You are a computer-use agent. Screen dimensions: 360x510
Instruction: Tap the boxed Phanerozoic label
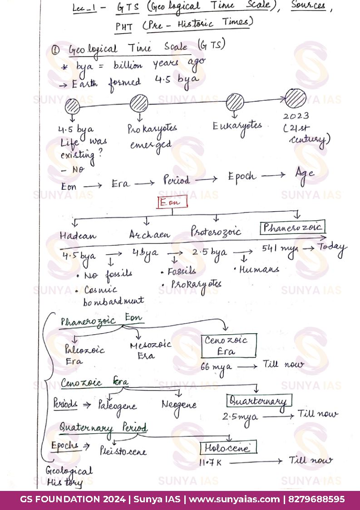[x=293, y=228]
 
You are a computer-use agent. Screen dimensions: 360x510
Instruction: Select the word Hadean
[x=78, y=236]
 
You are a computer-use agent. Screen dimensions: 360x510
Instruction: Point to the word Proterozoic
[x=216, y=231]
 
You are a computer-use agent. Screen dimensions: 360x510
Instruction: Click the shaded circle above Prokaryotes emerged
[x=139, y=104]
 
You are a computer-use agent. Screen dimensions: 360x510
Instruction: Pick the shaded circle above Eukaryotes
[x=235, y=102]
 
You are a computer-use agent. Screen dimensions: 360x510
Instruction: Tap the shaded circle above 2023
[x=296, y=99]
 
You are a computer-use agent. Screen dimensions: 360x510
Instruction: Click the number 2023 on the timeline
[x=296, y=116]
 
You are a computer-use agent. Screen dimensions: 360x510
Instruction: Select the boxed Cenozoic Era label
[x=229, y=346]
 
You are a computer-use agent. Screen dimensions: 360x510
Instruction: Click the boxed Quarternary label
[x=259, y=401]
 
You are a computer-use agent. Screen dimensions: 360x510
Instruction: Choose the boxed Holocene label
[x=228, y=448]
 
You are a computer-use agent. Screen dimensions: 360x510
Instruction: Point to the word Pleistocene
[x=123, y=451]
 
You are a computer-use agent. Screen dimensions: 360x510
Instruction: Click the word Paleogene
[x=117, y=406]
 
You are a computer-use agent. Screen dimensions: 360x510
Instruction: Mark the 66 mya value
[x=216, y=367]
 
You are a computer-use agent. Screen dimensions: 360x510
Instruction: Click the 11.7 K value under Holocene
[x=210, y=462]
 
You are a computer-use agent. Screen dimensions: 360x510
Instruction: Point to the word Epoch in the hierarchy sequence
[x=242, y=177]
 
